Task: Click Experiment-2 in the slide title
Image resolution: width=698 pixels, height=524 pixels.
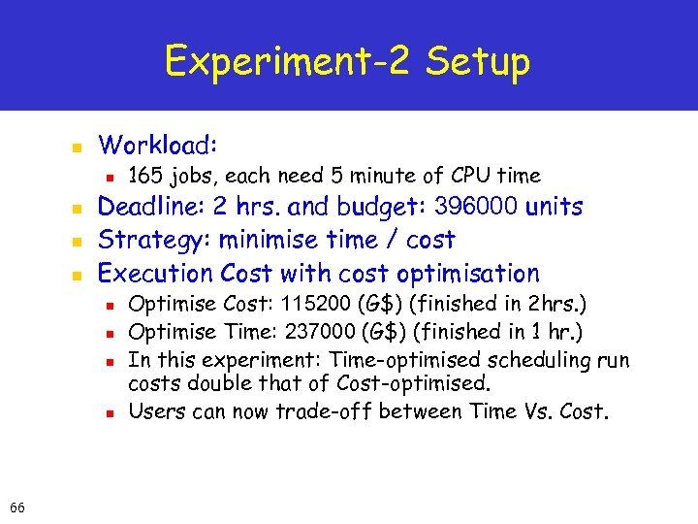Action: tap(286, 62)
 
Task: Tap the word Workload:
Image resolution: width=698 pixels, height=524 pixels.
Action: tap(158, 146)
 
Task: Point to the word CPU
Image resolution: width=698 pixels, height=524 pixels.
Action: tap(471, 176)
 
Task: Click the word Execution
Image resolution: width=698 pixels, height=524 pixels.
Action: tap(156, 274)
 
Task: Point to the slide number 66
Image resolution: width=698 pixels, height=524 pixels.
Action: tap(17, 507)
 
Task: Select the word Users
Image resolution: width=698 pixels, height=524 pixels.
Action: tap(156, 411)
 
